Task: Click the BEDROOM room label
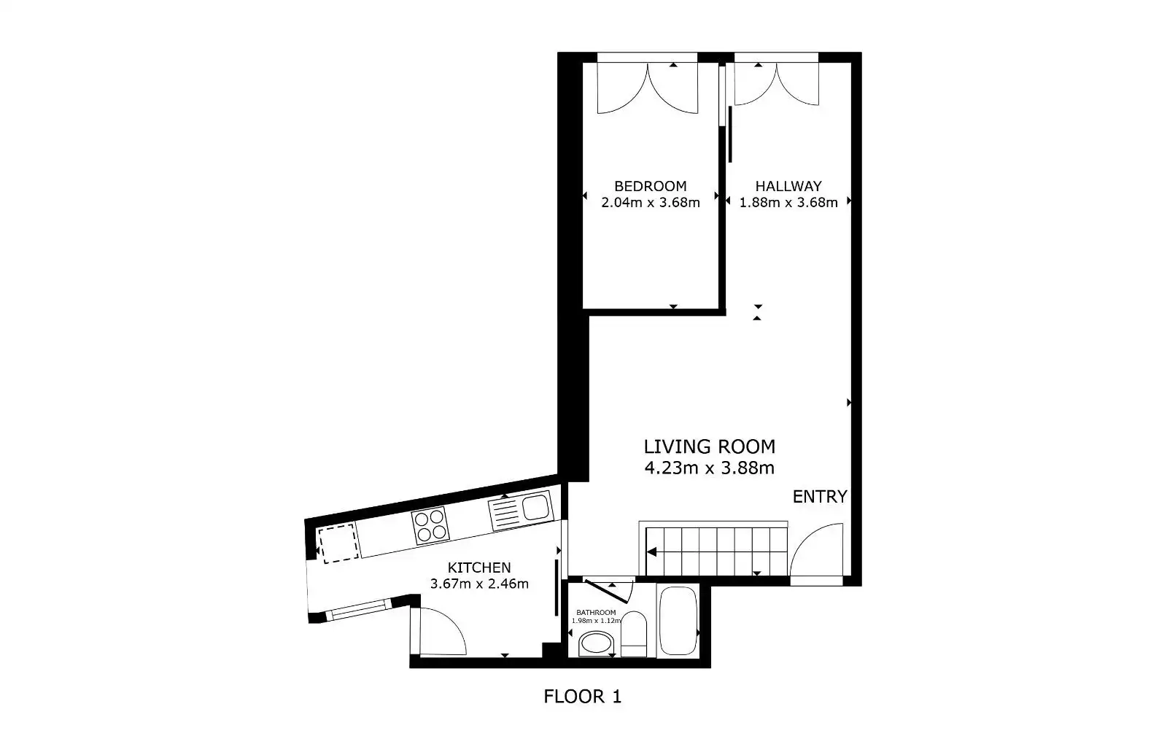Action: [x=650, y=186]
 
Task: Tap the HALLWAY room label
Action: [x=788, y=186]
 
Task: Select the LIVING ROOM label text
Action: [x=710, y=446]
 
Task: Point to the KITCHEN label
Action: [x=479, y=568]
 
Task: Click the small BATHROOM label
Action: [x=596, y=613]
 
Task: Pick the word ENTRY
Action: [x=820, y=497]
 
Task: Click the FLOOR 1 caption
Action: [x=583, y=697]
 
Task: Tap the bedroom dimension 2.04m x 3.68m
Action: [x=650, y=203]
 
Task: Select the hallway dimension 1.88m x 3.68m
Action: [x=788, y=203]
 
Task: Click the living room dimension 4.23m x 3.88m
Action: [x=710, y=468]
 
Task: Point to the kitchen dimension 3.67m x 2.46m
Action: [x=479, y=584]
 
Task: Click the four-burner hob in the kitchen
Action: [x=430, y=525]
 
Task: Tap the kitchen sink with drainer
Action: [x=521, y=511]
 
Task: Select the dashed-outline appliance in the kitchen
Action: [x=338, y=543]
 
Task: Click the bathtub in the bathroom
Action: [x=678, y=621]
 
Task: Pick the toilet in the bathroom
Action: [x=634, y=634]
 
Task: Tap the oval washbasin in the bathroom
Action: [x=597, y=643]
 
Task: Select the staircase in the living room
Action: [x=716, y=551]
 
